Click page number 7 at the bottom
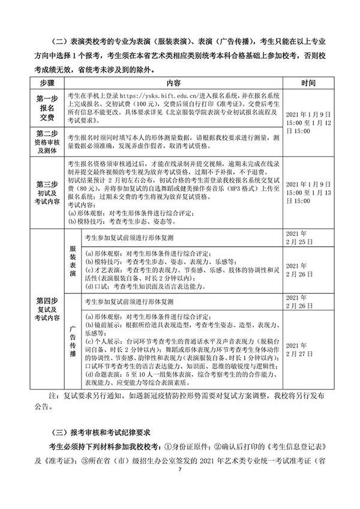pos(179,493)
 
